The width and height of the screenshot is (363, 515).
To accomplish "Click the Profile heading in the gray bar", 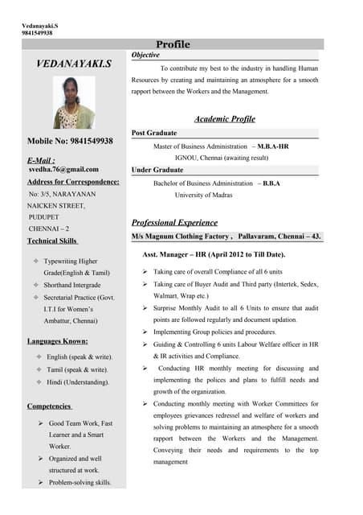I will tap(173, 44).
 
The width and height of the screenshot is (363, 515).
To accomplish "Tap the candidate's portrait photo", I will tap(74, 105).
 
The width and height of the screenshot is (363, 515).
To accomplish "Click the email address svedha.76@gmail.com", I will tap(63, 169).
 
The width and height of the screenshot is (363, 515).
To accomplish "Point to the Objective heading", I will tap(145, 55).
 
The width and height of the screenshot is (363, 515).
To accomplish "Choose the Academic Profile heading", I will tap(225, 119).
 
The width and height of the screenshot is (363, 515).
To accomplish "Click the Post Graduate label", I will tap(154, 133).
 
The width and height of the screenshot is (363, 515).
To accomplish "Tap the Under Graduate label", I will tap(157, 170).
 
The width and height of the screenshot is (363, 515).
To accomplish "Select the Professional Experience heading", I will tap(174, 222).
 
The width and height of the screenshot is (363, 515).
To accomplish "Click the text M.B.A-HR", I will tap(273, 146).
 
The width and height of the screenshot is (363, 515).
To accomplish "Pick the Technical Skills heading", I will tap(52, 241).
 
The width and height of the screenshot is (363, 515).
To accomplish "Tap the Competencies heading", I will tap(50, 406).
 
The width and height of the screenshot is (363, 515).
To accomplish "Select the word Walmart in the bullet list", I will tap(168, 295).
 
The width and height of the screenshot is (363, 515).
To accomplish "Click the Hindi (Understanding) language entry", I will tap(78, 381).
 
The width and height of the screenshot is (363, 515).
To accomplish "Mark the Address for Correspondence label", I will tap(73, 181).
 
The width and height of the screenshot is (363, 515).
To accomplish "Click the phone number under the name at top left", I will tap(37, 33).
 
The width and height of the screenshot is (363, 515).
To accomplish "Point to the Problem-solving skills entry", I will tap(80, 482).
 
